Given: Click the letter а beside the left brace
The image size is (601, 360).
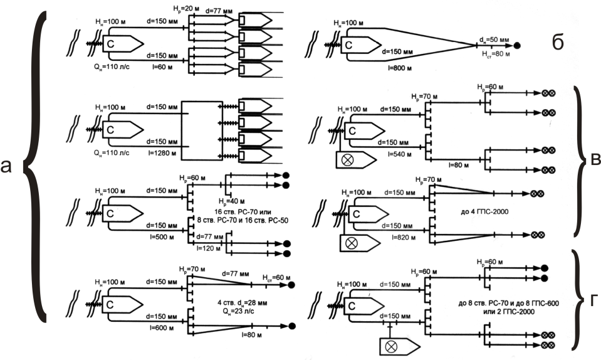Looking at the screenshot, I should (x=8, y=166).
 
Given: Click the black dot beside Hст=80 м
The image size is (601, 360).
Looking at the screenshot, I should (x=518, y=45).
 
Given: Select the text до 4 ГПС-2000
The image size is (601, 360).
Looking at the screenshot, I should (x=483, y=212).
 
